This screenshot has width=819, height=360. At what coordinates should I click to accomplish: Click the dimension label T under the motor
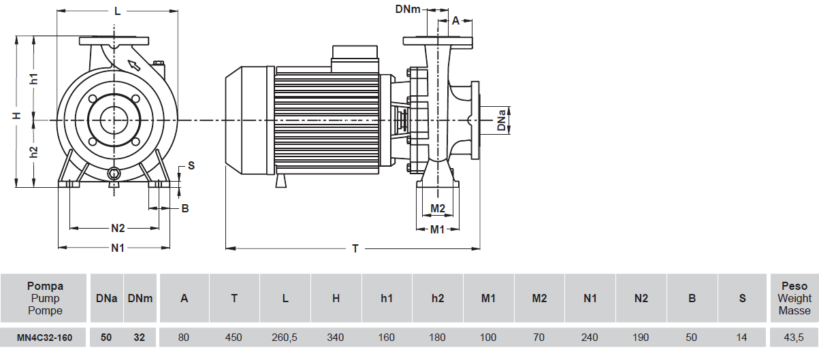click(x=355, y=249)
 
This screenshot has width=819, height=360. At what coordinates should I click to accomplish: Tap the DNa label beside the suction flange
click(x=502, y=120)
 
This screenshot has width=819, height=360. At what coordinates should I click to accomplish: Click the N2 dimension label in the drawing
click(x=118, y=228)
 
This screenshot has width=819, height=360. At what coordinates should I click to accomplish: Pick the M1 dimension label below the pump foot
click(x=437, y=229)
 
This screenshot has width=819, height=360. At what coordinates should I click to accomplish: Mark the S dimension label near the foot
click(x=191, y=165)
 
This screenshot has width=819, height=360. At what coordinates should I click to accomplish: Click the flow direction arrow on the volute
click(x=134, y=65)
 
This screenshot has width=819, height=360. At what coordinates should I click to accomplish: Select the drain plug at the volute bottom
click(x=114, y=174)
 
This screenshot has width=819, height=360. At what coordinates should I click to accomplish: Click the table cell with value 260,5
click(x=285, y=337)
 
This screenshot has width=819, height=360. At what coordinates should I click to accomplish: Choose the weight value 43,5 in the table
click(x=794, y=337)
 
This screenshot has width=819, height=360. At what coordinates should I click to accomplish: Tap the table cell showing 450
click(x=234, y=337)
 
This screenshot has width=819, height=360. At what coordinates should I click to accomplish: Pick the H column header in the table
click(x=336, y=298)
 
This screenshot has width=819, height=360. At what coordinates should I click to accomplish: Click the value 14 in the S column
click(x=742, y=337)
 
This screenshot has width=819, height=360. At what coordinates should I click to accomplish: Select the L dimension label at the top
click(x=117, y=11)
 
